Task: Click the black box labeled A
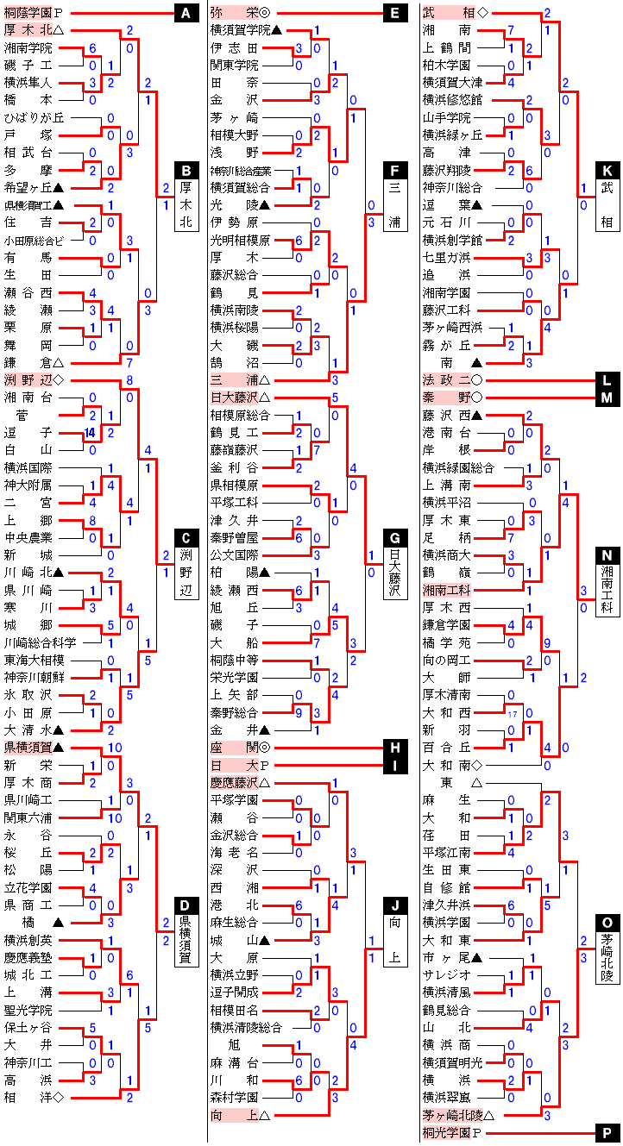pyautogui.click(x=186, y=13)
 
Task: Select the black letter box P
pyautogui.click(x=607, y=1132)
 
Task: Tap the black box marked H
pyautogui.click(x=394, y=748)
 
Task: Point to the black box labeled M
pyautogui.click(x=607, y=398)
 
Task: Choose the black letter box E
pyautogui.click(x=394, y=13)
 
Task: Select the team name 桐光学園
pyautogui.click(x=445, y=1132)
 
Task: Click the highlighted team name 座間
pyautogui.click(x=233, y=748)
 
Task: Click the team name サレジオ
pyautogui.click(x=445, y=974)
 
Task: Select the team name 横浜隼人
pyautogui.click(x=28, y=83)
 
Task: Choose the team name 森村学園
pyautogui.click(x=234, y=1098)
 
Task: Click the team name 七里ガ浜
pyautogui.click(x=445, y=258)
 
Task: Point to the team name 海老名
pyautogui.click(x=234, y=852)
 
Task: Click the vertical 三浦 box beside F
pyautogui.click(x=394, y=198)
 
